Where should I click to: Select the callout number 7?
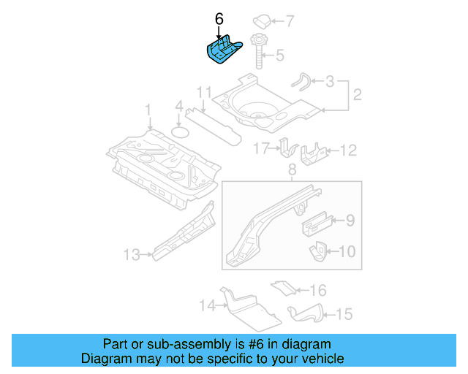pyautogui.click(x=289, y=20)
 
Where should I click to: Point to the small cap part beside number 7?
pyautogui.click(x=262, y=20)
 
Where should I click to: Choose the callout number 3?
pyautogui.click(x=330, y=81)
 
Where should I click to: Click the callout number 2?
pyautogui.click(x=358, y=95)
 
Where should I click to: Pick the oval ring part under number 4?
pyautogui.click(x=180, y=132)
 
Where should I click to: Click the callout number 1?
pyautogui.click(x=148, y=110)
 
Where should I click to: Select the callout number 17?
pyautogui.click(x=261, y=149)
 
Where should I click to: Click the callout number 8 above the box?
pyautogui.click(x=291, y=170)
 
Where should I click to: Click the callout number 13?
pyautogui.click(x=132, y=254)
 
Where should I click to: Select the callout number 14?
pyautogui.click(x=206, y=305)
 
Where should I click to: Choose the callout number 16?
pyautogui.click(x=318, y=290)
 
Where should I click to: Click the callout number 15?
pyautogui.click(x=344, y=314)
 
